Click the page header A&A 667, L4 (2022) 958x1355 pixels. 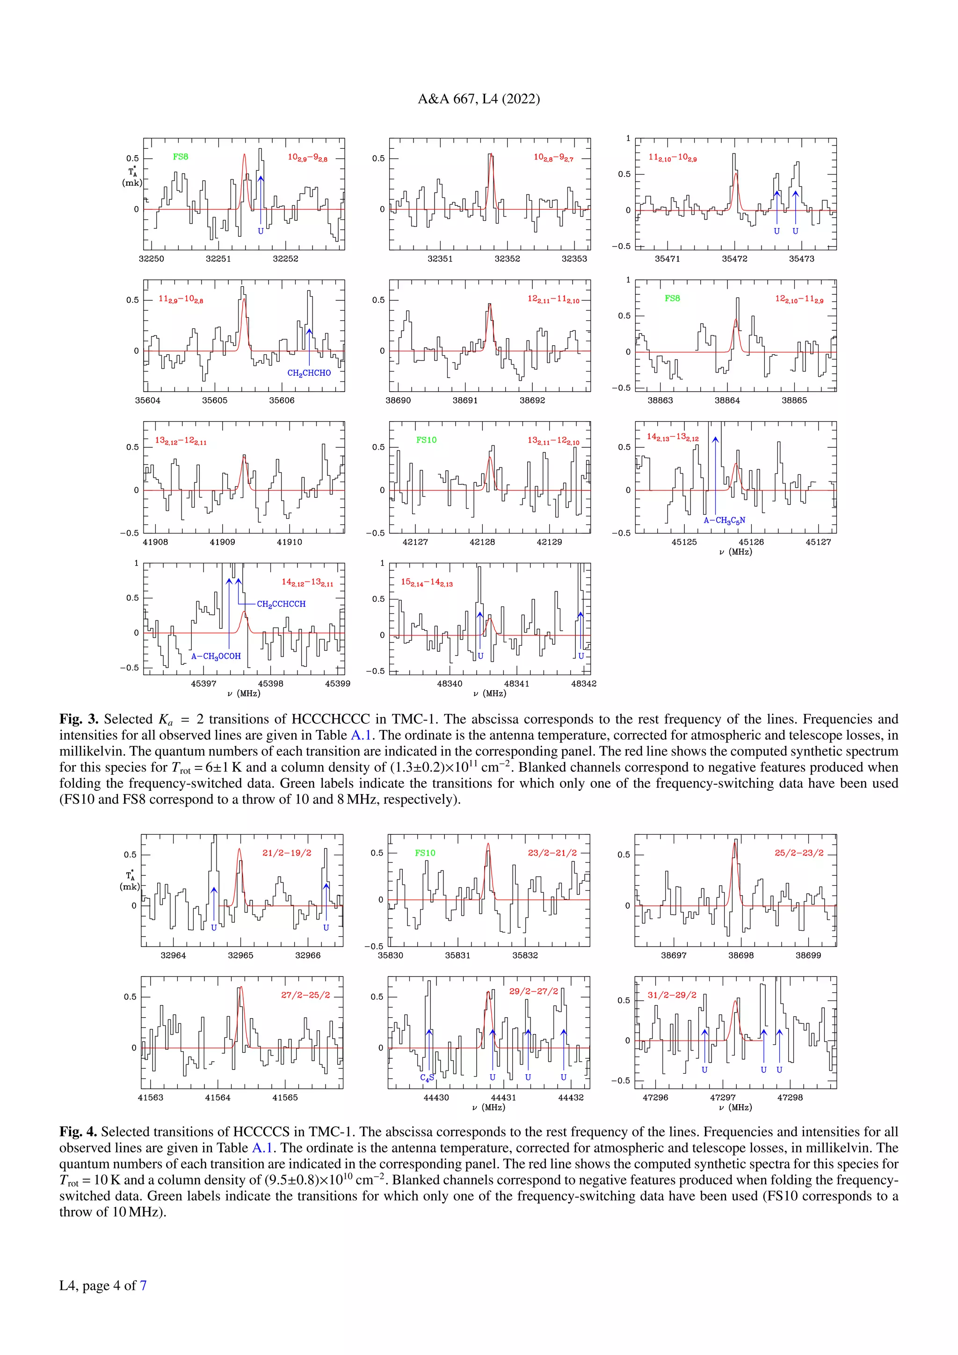point(479,99)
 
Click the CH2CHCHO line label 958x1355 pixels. point(309,373)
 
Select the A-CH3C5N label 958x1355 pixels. point(725,520)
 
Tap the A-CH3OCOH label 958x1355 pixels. point(216,656)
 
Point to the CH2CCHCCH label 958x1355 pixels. point(282,604)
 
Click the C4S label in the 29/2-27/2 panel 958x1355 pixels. point(427,1077)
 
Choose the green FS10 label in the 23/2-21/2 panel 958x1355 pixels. point(425,853)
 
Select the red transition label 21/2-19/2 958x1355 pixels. point(287,853)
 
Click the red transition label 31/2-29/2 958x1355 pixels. point(672,995)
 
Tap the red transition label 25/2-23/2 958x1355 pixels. point(799,853)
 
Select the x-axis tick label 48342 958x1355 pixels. point(583,684)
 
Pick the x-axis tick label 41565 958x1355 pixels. point(285,1098)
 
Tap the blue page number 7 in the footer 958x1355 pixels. point(143,1285)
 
